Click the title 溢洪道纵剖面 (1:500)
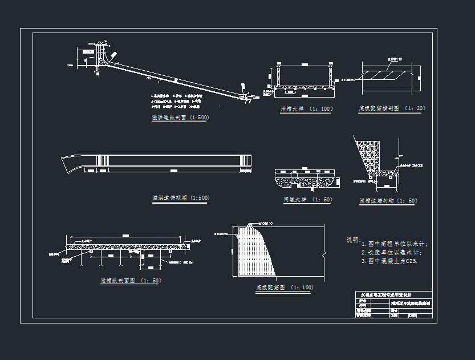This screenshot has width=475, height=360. point(180,118)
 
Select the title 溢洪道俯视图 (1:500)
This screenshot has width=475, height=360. point(180,198)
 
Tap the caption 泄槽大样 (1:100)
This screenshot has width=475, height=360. point(306,108)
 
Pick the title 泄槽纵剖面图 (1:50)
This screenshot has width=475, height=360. point(131,281)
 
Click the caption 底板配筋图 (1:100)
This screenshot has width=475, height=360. point(284,288)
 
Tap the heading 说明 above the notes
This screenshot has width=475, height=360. point(354,240)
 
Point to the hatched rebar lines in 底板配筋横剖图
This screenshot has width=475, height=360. point(388,75)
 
